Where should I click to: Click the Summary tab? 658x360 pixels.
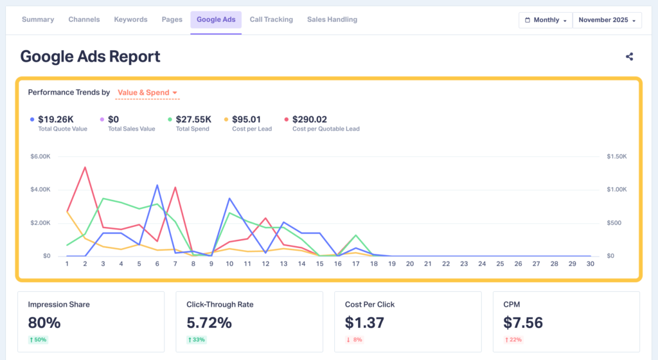click(x=38, y=20)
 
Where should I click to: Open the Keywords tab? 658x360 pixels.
click(x=130, y=20)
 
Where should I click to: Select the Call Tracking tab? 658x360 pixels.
click(x=271, y=20)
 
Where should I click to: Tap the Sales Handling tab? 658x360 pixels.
click(x=332, y=20)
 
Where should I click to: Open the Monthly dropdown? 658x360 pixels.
click(x=545, y=21)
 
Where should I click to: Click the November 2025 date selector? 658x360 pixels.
click(x=607, y=21)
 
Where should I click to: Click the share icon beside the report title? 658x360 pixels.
click(x=629, y=57)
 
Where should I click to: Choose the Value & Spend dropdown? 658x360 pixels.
click(x=147, y=93)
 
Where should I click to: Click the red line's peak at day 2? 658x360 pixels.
click(x=85, y=167)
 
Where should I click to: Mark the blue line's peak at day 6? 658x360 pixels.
click(x=157, y=185)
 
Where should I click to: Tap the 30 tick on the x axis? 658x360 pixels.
click(x=590, y=263)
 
